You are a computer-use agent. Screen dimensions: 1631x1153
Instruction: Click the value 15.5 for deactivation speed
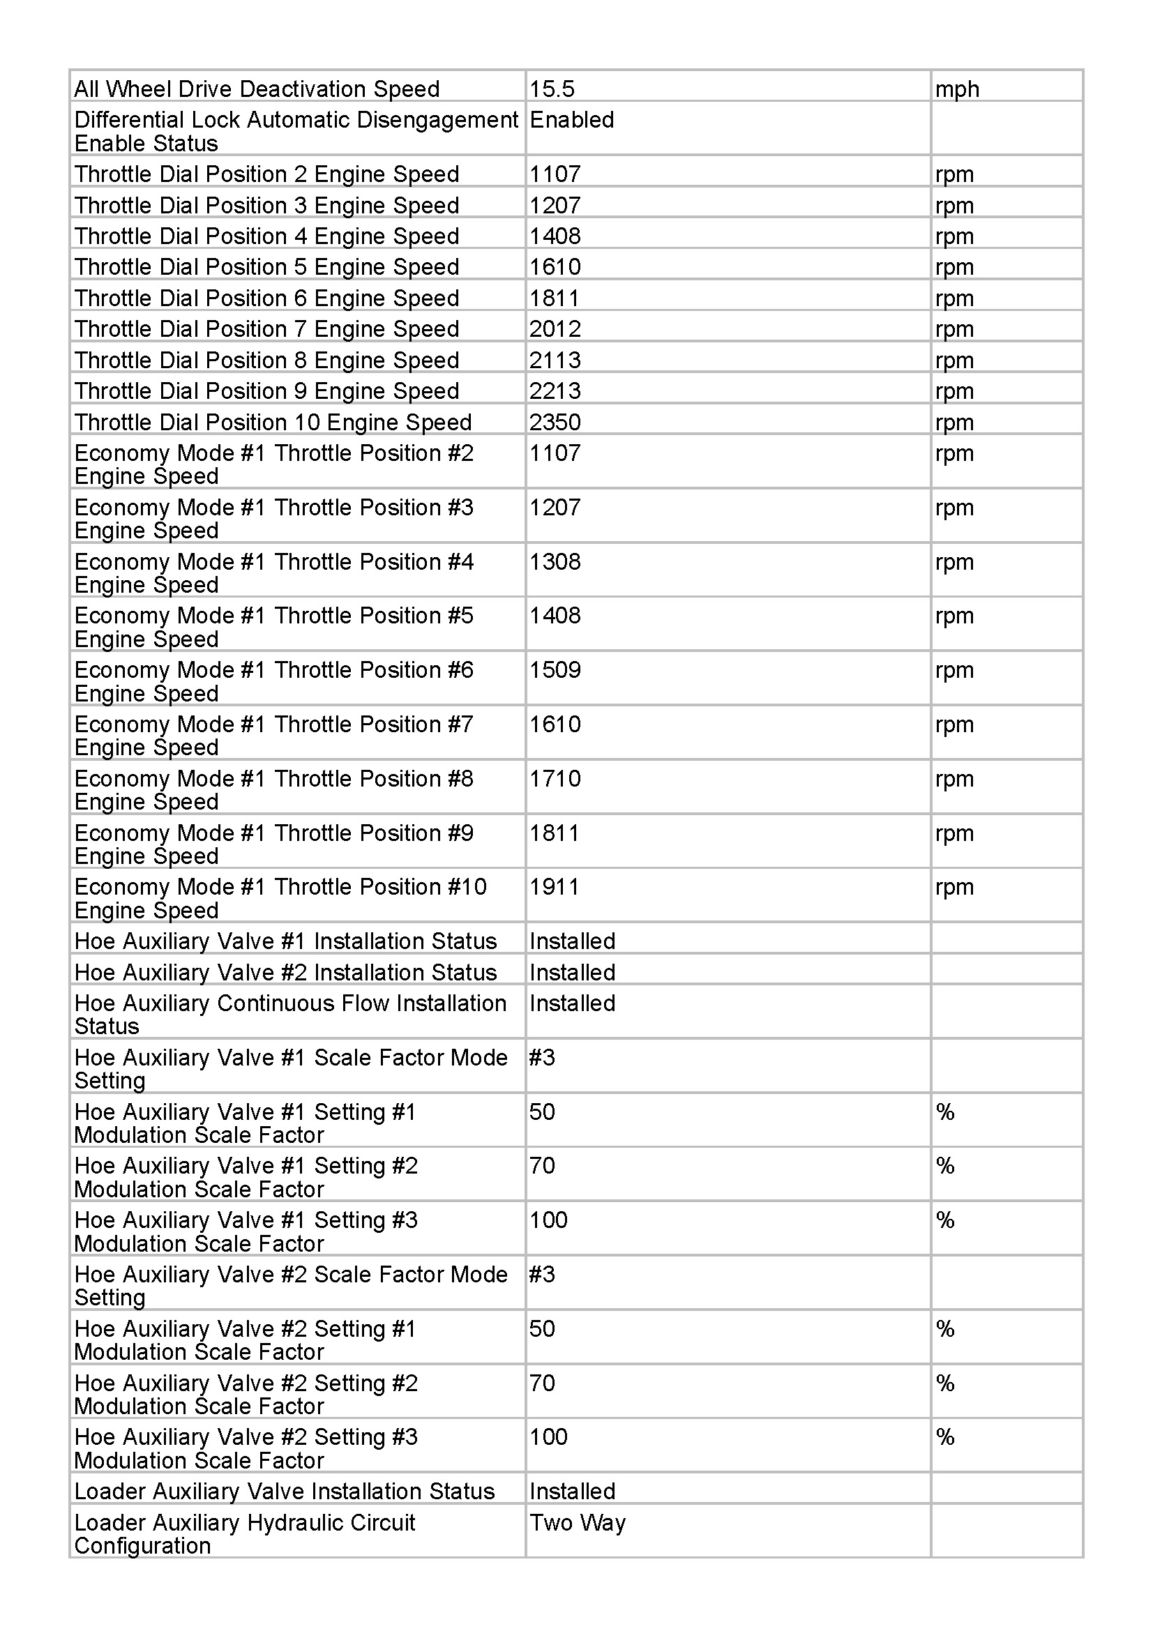click(552, 89)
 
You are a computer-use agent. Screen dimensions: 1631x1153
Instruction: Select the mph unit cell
click(957, 89)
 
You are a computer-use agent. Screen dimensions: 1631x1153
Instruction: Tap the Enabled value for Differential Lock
click(572, 120)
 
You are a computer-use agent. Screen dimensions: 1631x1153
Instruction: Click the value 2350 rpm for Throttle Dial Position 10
click(555, 422)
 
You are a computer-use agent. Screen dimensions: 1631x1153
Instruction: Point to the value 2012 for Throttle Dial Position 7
click(555, 329)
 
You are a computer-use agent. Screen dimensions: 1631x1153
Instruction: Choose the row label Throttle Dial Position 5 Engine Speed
click(266, 267)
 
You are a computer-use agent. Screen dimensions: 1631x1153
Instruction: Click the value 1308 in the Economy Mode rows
click(555, 562)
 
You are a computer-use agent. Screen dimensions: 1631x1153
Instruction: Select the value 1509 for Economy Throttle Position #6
click(555, 670)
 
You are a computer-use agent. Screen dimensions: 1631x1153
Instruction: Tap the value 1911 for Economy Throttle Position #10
click(554, 886)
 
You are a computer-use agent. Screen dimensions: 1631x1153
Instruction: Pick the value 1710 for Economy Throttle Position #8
click(555, 779)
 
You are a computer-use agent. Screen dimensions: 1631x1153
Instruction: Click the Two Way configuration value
click(578, 1522)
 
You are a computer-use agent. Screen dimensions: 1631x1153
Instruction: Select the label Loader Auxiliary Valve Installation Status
click(284, 1491)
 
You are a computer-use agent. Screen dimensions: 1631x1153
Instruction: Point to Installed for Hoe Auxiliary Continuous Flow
click(573, 1003)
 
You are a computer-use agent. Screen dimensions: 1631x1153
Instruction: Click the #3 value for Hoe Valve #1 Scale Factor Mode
click(542, 1058)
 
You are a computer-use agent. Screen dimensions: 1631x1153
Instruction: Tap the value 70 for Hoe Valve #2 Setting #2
click(542, 1383)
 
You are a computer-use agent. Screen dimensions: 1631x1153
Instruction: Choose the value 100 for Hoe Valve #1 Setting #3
click(548, 1220)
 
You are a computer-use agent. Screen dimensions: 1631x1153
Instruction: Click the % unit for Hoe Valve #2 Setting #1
click(945, 1328)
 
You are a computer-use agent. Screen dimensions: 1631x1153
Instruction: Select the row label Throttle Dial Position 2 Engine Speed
click(266, 174)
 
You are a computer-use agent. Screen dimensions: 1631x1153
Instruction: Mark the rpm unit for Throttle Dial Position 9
click(954, 391)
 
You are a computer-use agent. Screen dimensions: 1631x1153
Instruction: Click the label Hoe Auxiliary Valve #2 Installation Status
click(285, 972)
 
